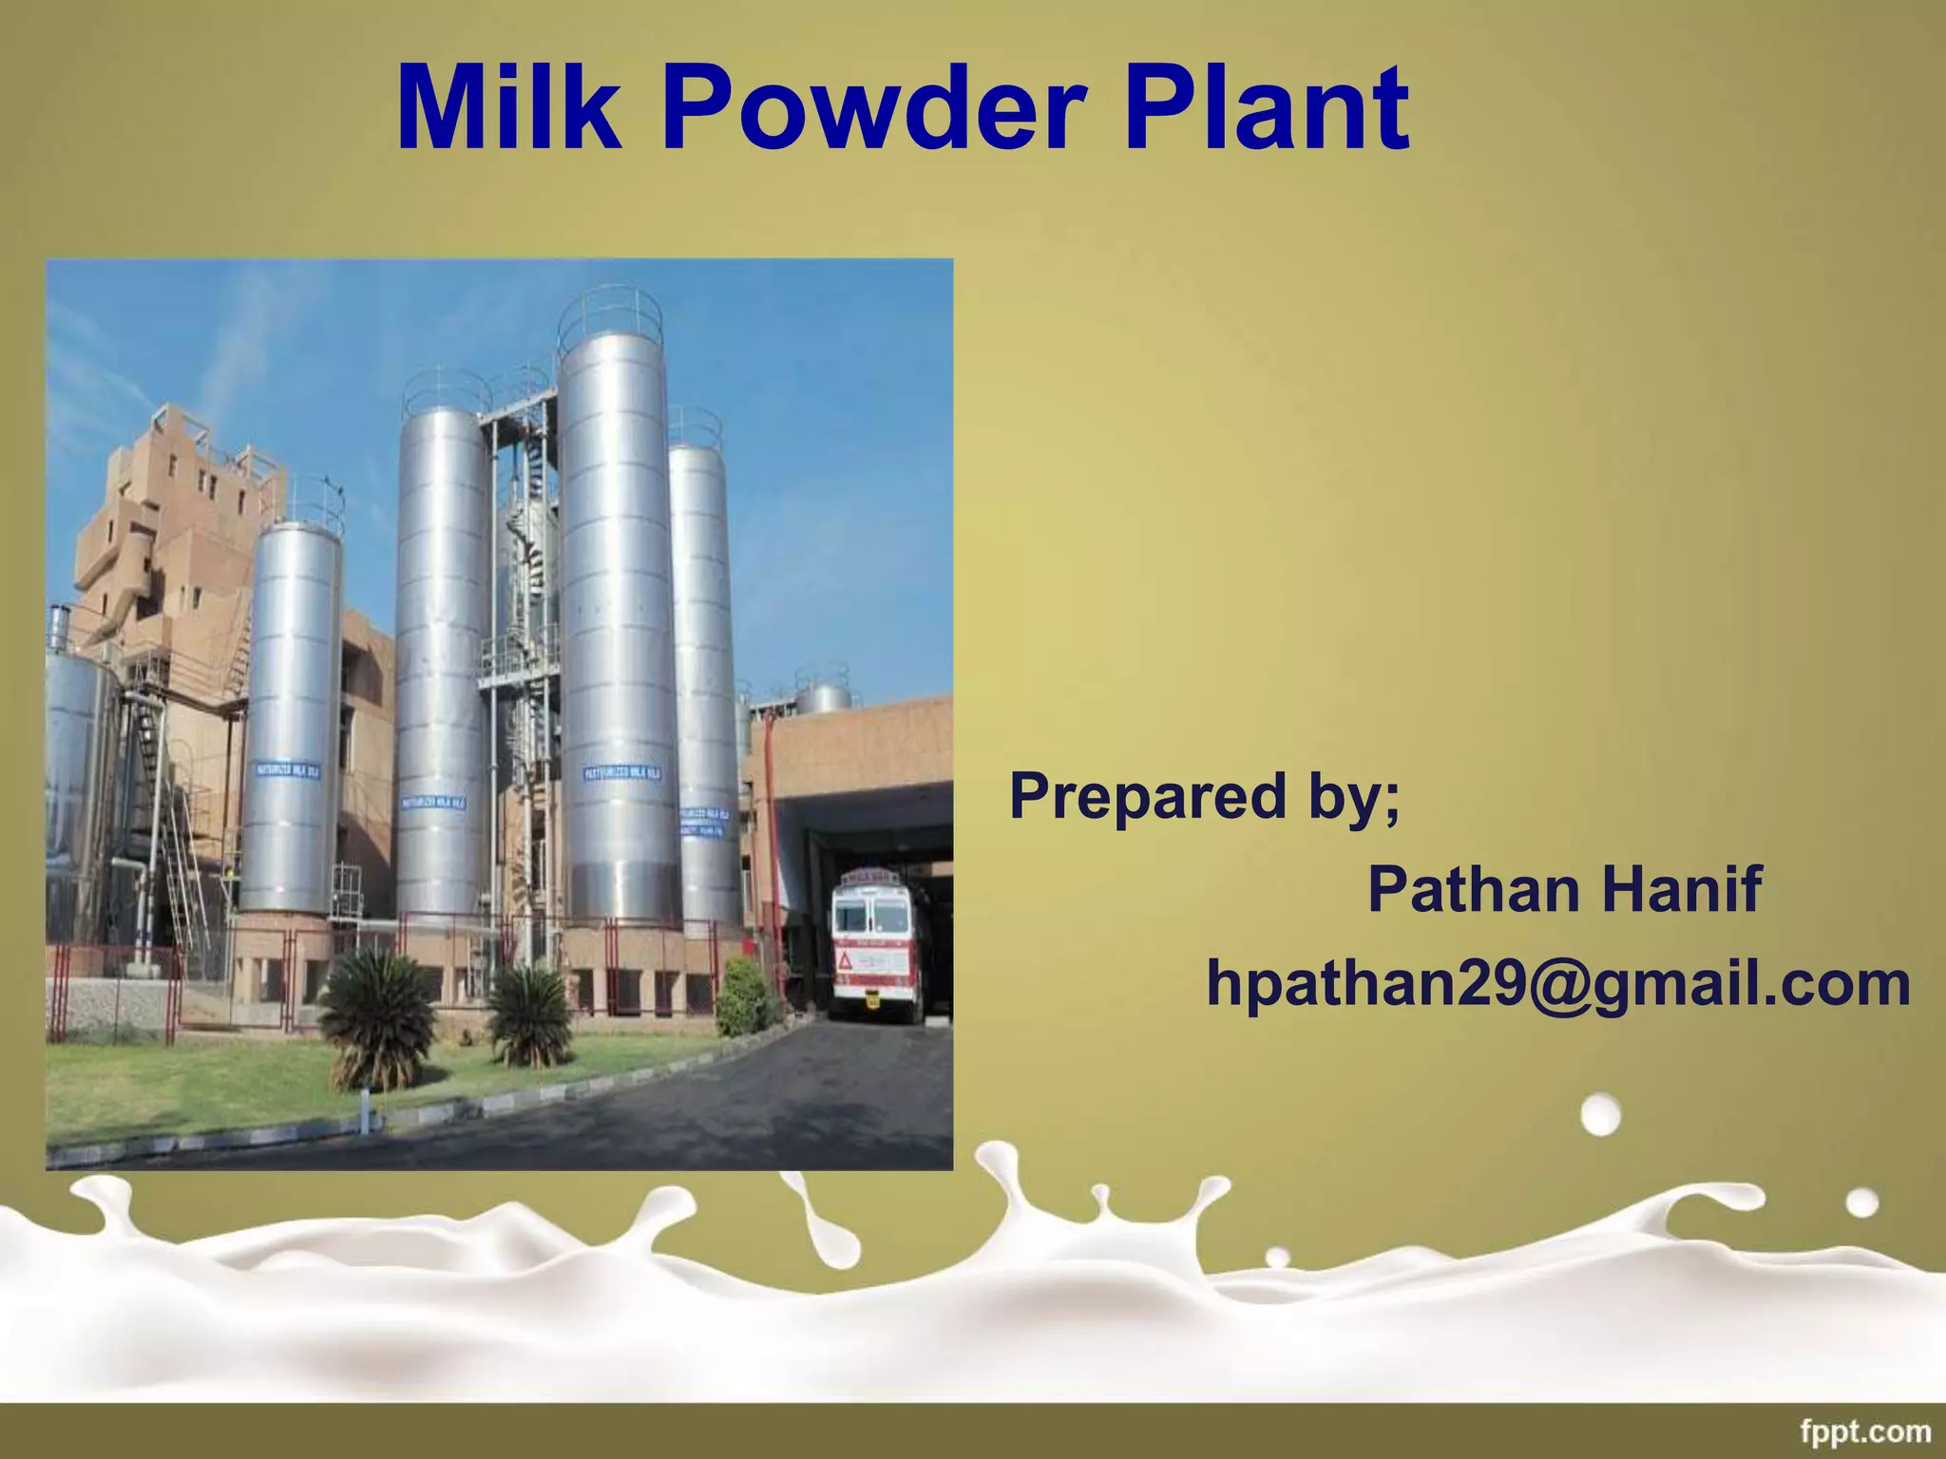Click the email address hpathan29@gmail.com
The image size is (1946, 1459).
coord(1558,983)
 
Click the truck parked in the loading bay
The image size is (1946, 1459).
coord(876,945)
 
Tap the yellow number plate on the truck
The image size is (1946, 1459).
coord(873,998)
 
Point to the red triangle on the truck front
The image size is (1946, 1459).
coord(845,961)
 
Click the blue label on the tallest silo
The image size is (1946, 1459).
coord(622,773)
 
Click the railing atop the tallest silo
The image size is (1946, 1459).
coord(609,313)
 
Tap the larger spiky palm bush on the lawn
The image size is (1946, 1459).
coord(379,1014)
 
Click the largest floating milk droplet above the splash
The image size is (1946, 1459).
coord(1602,1114)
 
